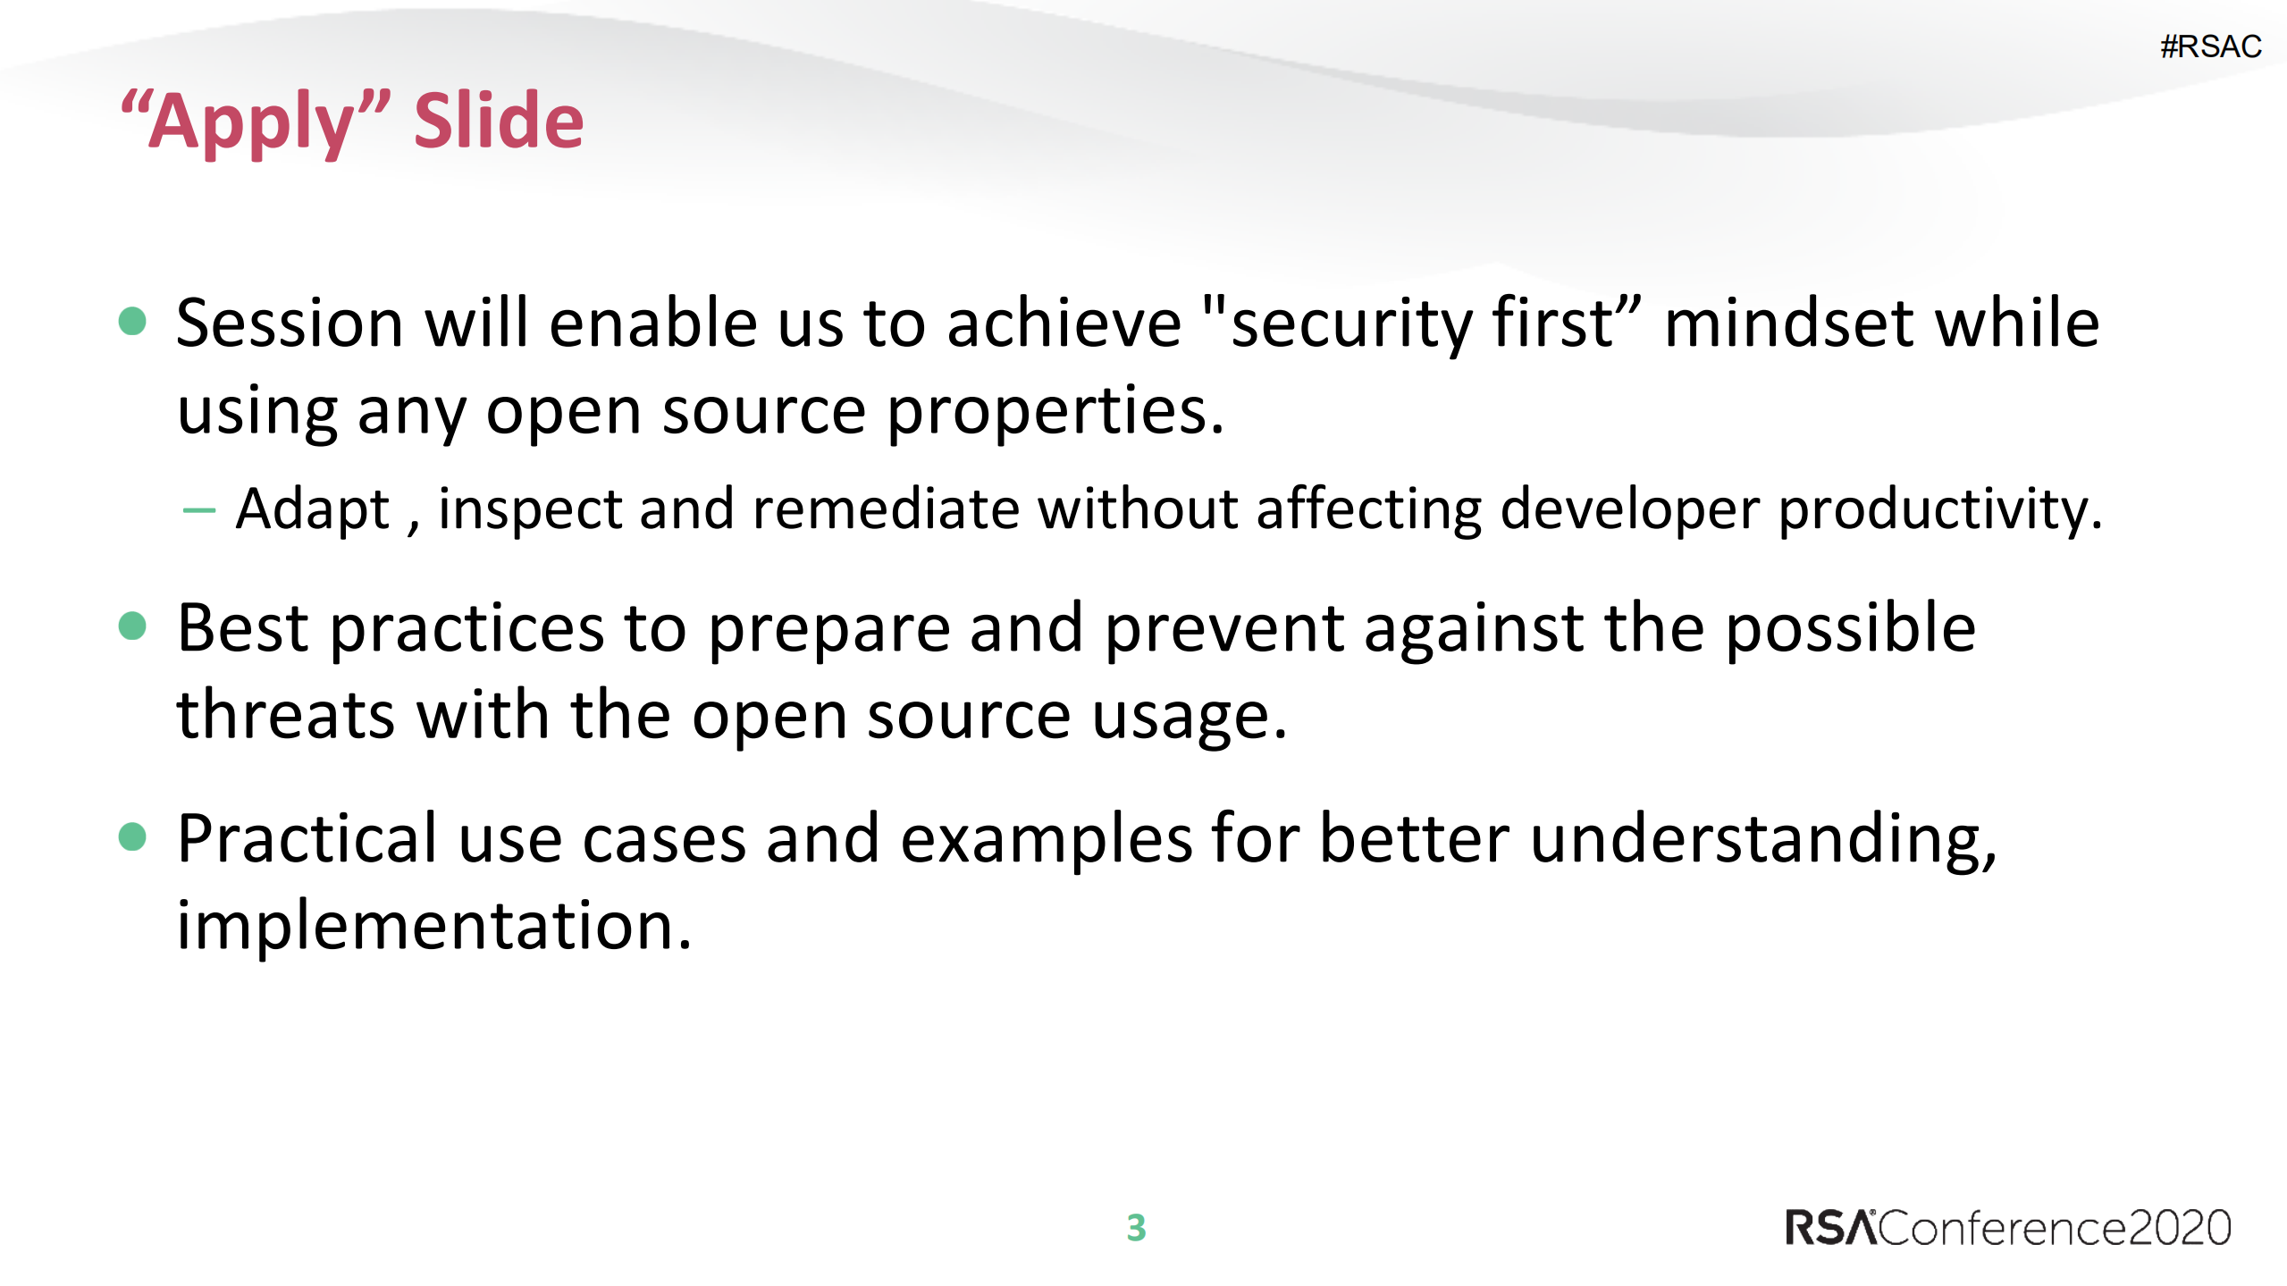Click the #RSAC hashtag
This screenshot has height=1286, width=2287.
coord(2210,46)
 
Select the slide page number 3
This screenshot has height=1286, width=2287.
coord(1136,1228)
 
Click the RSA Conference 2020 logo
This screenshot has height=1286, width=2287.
coord(2007,1228)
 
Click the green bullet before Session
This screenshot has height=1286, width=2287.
coord(132,321)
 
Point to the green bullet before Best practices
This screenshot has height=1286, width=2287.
coord(132,626)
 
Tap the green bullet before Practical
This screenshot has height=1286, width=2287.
coord(132,836)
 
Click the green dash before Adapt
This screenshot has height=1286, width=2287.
coord(198,511)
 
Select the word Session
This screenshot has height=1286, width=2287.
coord(290,323)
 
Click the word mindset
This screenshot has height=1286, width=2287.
coord(1788,323)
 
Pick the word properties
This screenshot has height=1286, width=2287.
coord(1055,412)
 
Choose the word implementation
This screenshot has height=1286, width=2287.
coord(433,926)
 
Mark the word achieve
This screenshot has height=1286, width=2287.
coord(1064,323)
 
